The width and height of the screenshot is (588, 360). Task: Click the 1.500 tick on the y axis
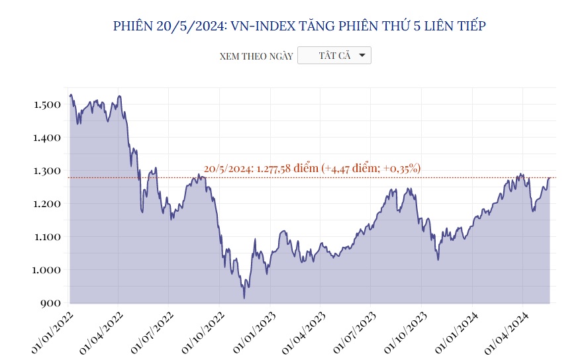[x=47, y=105]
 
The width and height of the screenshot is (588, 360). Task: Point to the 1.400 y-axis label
[x=47, y=138]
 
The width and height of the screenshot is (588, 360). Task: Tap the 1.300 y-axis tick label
[x=47, y=171]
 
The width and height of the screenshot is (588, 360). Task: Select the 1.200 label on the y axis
[x=47, y=204]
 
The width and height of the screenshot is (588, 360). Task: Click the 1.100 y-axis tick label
[x=47, y=237]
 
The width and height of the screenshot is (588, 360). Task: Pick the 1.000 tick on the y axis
[x=47, y=270]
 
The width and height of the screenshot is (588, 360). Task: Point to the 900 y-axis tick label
[x=50, y=303]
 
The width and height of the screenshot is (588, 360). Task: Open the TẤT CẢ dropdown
[x=334, y=56]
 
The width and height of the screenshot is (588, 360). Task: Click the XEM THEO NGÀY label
[x=256, y=56]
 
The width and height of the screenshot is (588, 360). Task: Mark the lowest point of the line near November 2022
[x=244, y=298]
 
